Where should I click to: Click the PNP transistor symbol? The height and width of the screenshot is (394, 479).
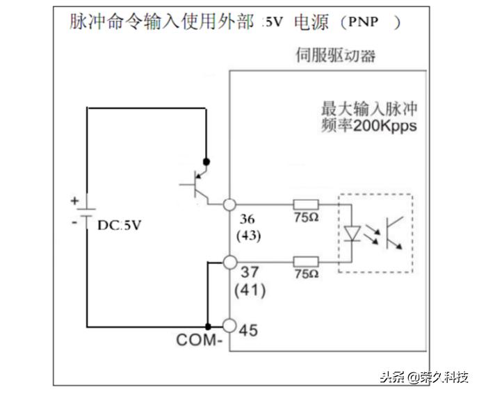197,184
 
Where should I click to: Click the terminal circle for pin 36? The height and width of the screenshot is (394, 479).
229,204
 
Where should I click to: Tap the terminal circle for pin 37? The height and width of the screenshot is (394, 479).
229,262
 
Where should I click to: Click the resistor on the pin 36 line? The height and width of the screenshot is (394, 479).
306,204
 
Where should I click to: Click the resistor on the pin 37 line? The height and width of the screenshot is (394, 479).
306,261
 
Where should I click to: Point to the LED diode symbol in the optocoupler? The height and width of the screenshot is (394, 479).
352,232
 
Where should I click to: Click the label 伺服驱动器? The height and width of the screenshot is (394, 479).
336,56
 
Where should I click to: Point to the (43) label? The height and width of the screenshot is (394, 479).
248,236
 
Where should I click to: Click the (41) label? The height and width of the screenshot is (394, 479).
250,288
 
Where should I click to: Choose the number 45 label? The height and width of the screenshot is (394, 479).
248,330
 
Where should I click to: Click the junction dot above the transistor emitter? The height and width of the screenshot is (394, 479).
206,161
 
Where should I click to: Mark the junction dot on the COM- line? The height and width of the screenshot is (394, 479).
207,327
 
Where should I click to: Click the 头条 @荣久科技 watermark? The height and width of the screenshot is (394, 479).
423,377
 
